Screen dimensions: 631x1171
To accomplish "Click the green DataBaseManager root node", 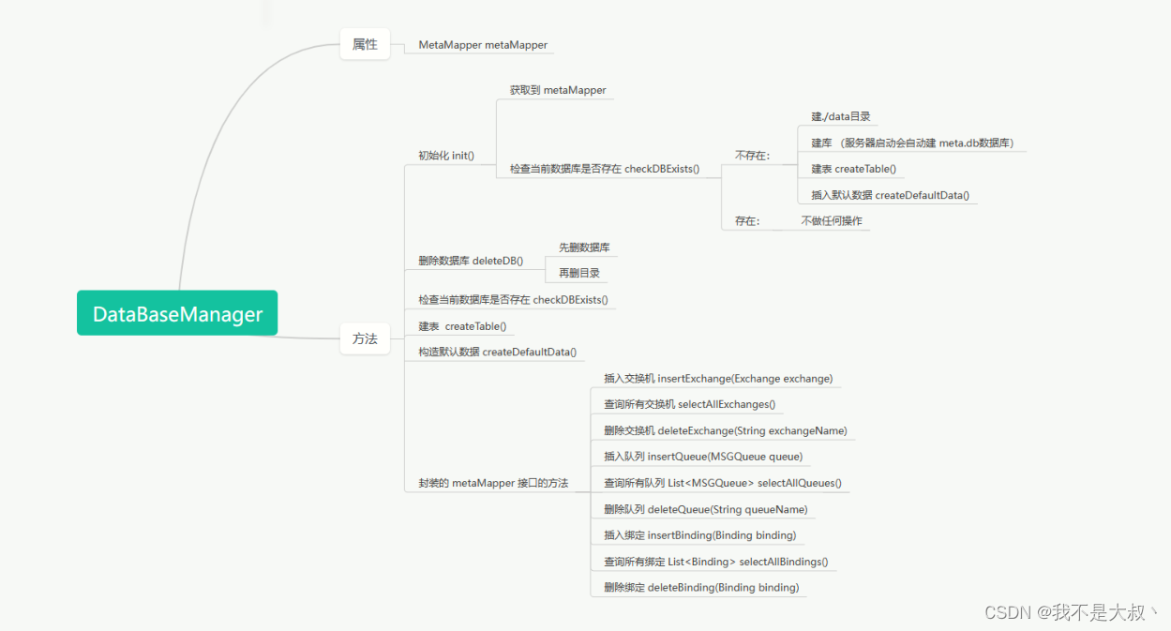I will click(177, 313).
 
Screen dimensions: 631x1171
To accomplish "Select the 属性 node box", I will click(365, 44).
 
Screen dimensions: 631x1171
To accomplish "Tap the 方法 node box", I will click(365, 338).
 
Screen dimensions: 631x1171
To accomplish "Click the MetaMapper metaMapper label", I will click(483, 45).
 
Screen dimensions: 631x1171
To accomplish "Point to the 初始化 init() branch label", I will click(446, 156).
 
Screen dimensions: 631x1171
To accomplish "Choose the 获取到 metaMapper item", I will click(558, 90).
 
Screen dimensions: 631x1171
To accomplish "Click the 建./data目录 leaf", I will click(841, 116).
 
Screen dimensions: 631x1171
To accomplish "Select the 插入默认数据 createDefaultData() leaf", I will click(890, 195).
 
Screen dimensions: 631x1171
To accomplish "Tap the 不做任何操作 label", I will click(831, 221).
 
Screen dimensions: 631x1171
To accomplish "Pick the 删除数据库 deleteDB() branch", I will click(471, 261).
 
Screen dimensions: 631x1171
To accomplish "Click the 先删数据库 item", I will click(584, 248).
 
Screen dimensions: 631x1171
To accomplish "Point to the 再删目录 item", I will click(578, 274).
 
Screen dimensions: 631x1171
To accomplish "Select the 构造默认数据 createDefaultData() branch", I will click(497, 353).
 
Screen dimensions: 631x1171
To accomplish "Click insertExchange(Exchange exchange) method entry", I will click(718, 379).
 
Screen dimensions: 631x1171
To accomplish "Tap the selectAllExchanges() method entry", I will click(689, 405).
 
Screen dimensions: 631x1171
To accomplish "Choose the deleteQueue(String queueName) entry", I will click(705, 510).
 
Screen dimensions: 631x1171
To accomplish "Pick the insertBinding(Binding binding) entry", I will click(699, 535).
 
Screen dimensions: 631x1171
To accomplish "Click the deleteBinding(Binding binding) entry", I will click(701, 588).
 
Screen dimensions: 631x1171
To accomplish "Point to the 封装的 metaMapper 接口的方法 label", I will click(493, 484).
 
